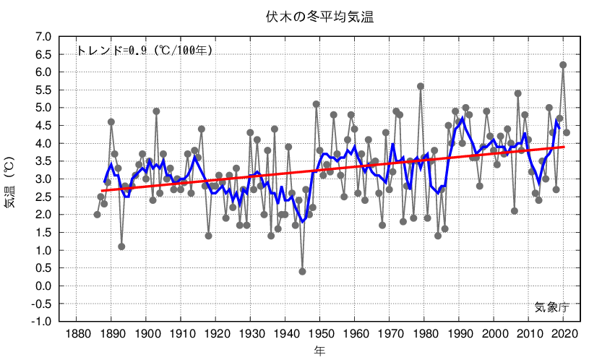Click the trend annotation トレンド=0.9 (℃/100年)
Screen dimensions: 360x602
point(144,51)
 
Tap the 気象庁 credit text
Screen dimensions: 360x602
point(552,307)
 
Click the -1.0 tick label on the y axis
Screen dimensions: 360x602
point(41,322)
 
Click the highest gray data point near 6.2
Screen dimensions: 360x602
point(563,65)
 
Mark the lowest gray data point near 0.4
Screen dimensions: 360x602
point(302,272)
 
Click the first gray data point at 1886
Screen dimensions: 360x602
point(98,215)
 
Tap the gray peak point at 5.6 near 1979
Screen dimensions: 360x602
point(421,87)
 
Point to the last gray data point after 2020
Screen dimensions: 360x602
point(567,132)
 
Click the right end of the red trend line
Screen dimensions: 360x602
point(564,147)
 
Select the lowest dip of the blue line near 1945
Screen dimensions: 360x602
point(303,222)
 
